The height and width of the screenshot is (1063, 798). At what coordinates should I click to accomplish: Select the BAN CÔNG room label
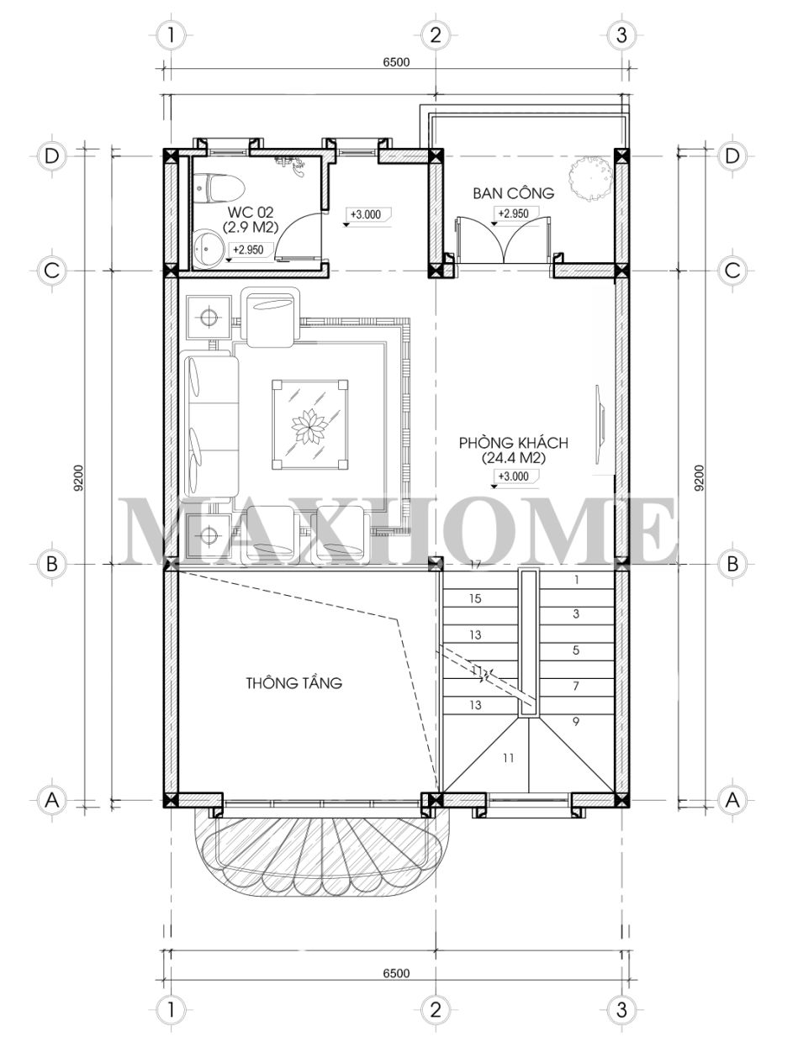513,192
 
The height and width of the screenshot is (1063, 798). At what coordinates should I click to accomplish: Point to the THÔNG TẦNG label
294,682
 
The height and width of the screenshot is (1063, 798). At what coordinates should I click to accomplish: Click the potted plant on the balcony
590,177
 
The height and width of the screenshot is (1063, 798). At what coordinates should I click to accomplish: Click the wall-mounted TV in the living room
600,424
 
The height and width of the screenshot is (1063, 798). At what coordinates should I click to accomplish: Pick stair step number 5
576,650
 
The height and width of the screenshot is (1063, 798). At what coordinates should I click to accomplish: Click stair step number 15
475,598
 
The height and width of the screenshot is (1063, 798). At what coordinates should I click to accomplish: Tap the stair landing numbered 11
508,757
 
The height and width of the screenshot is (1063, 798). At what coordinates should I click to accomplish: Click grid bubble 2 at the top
435,34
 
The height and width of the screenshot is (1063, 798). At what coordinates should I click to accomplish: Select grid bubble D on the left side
51,156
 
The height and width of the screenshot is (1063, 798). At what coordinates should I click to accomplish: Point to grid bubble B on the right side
732,564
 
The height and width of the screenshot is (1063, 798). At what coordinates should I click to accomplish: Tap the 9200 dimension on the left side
78,477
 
